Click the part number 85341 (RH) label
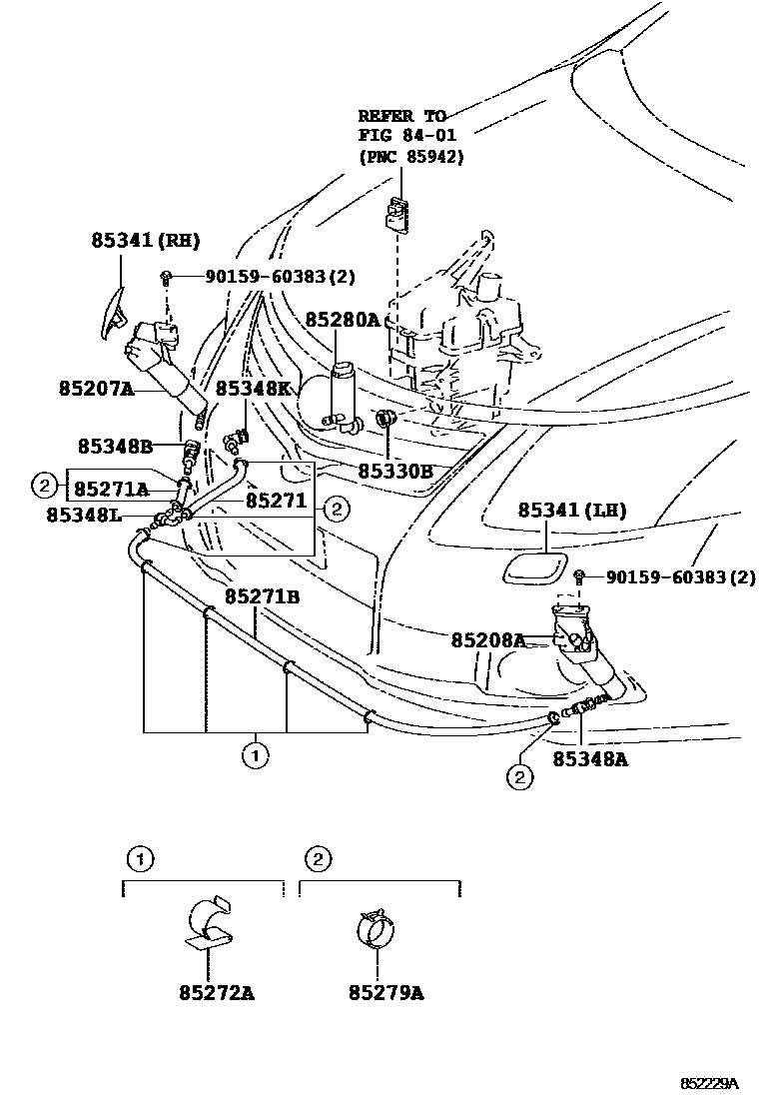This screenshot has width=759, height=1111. pos(146,240)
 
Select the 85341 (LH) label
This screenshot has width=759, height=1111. pos(572,511)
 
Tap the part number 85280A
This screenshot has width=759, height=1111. pos(343,320)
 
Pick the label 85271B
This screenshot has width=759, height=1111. pos(262,596)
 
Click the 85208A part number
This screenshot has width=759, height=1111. pos(487,639)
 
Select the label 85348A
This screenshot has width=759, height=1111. pos(591,758)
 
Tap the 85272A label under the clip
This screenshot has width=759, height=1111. pos(217,993)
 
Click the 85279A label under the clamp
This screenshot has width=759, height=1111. pos(386,993)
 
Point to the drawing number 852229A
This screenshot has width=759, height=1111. pos(709,1083)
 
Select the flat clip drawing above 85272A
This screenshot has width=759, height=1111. pos(211,924)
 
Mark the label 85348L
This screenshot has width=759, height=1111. pos(84,515)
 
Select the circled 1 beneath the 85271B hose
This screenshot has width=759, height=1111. pos(256,754)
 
